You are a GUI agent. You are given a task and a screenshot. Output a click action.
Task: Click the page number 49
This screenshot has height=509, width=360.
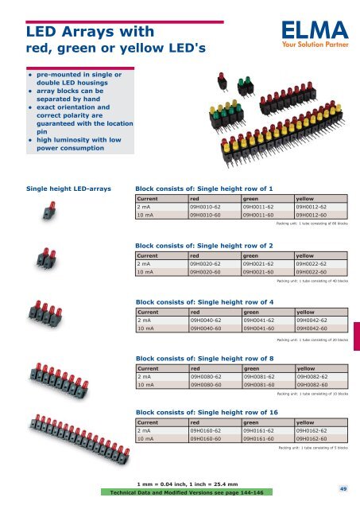point(343,489)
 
